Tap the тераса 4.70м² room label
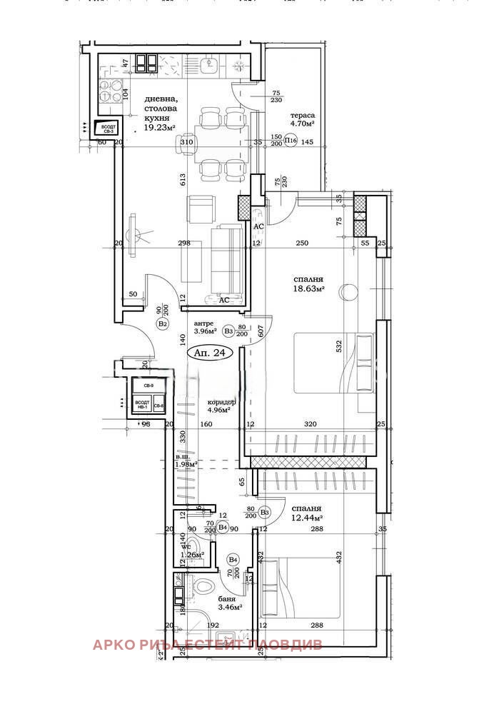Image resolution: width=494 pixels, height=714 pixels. [303, 119]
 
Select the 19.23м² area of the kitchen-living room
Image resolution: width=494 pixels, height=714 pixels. [160, 128]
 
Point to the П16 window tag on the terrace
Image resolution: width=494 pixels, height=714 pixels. [291, 141]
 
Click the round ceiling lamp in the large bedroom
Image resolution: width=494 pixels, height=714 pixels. [348, 291]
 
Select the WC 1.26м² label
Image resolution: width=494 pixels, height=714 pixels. [191, 550]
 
